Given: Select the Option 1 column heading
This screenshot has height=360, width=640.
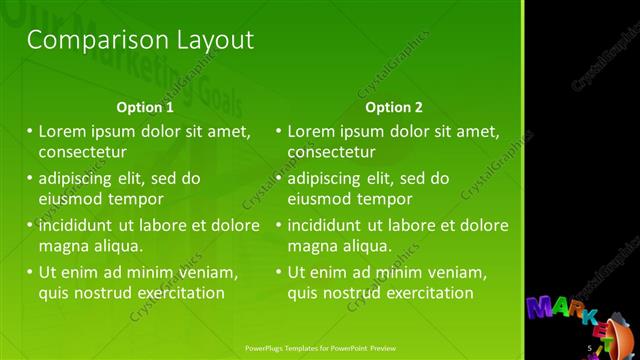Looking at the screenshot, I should (145, 107).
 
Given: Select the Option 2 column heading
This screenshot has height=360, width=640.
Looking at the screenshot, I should (394, 107).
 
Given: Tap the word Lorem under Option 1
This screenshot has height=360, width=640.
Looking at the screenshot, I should (63, 131).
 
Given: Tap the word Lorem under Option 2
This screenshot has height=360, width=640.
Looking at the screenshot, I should (312, 131).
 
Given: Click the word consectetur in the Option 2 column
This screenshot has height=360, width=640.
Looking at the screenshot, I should (332, 153).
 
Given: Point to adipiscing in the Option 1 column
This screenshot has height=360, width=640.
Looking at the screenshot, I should (80, 179).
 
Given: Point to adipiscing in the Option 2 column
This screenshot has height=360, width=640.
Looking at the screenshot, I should (329, 179).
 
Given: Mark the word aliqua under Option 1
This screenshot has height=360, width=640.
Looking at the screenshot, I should (118, 245).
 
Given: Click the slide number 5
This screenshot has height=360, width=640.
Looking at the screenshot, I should (590, 348).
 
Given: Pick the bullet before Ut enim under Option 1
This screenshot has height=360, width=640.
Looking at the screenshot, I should (29, 272).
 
